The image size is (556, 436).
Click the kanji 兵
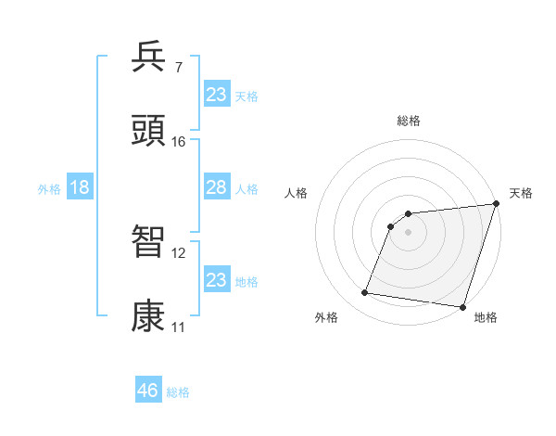(x=149, y=58)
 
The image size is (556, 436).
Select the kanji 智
(x=149, y=242)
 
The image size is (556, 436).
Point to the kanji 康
(x=149, y=316)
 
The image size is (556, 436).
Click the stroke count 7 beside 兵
(x=178, y=67)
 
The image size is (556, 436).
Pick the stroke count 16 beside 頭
(x=179, y=141)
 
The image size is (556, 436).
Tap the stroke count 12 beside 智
(x=179, y=252)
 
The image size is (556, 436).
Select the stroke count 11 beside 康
(x=178, y=327)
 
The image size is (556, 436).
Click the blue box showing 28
(x=216, y=187)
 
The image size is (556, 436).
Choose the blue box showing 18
(x=79, y=187)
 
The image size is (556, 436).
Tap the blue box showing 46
(x=148, y=391)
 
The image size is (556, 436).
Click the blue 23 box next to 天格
(x=216, y=95)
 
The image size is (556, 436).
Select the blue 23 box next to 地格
(x=216, y=280)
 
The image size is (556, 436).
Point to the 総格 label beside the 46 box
(x=178, y=392)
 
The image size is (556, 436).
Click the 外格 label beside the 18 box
(x=49, y=189)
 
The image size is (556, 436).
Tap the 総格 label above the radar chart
(x=409, y=121)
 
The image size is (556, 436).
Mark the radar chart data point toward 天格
(x=496, y=205)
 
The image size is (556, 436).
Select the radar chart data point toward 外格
(x=365, y=293)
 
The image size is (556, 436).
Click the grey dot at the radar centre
(x=408, y=232)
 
